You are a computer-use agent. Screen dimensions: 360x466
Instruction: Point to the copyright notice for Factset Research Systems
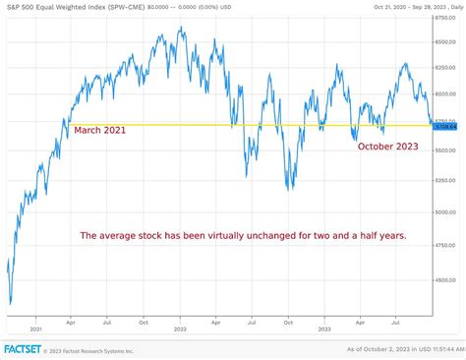coord(93,349)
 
